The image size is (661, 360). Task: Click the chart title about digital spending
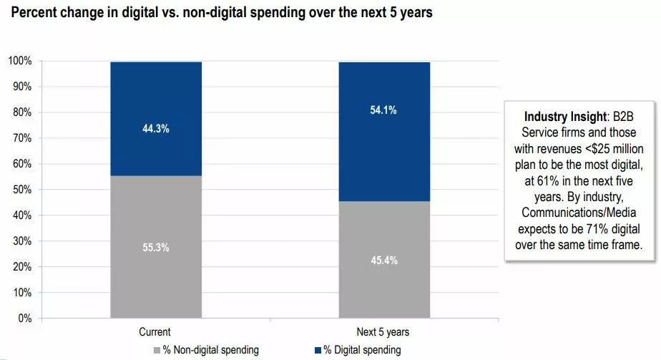coord(221,14)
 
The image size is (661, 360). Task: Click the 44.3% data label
coord(155,129)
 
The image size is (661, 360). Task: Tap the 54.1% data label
coord(383,110)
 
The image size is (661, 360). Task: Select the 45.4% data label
coord(383,260)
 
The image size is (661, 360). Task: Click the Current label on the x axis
coord(155,332)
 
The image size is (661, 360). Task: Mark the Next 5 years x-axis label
coord(383,332)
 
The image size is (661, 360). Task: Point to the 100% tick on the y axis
coord(20,61)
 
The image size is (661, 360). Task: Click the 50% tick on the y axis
coord(22,190)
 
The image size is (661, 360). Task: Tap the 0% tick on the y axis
coord(24,318)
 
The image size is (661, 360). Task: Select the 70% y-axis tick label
coord(22,138)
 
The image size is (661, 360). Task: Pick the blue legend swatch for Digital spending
coord(317,350)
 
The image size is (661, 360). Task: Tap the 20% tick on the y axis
coord(22,267)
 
